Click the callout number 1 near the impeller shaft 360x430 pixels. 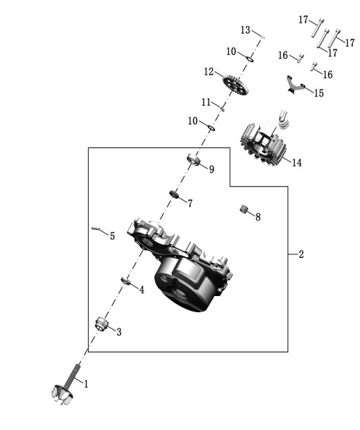tap(86, 383)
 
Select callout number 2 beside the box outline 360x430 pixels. tap(301, 254)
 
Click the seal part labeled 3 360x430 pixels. tap(101, 324)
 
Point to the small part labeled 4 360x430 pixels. tap(125, 281)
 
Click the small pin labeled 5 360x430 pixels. tap(95, 228)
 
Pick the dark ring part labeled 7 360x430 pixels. tap(174, 194)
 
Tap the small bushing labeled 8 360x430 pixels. tap(243, 209)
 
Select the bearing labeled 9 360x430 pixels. tap(194, 159)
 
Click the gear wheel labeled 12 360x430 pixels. tap(235, 85)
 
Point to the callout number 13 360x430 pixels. tap(245, 30)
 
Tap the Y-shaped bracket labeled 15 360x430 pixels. tap(294, 85)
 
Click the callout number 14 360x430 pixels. tap(297, 163)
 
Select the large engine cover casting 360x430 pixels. tap(180, 265)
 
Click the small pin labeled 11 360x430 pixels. tap(223, 109)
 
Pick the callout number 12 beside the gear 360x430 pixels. tap(209, 72)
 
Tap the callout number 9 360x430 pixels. tap(211, 169)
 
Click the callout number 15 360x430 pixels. tap(318, 93)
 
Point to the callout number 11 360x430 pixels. tap(206, 102)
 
